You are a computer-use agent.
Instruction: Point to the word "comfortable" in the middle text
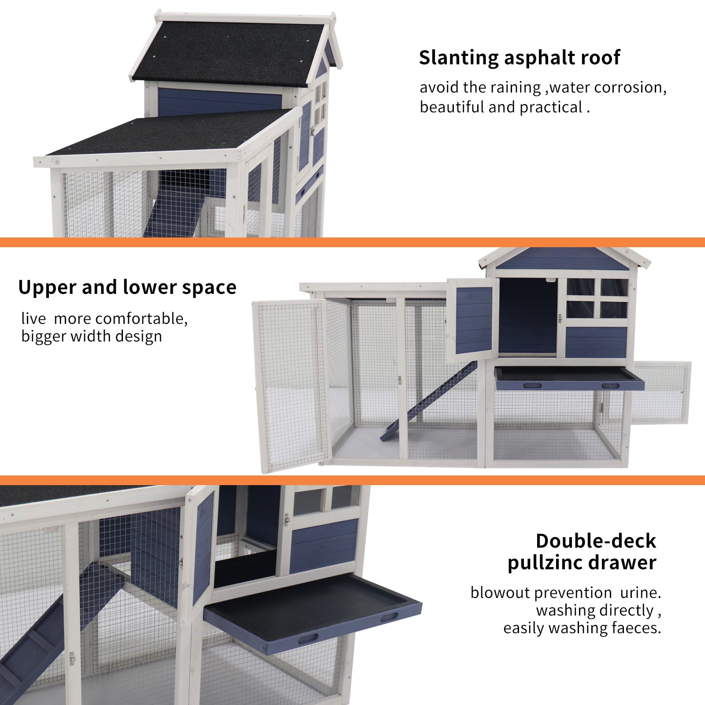pyautogui.click(x=141, y=318)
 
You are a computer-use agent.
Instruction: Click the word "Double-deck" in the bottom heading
pyautogui.click(x=596, y=541)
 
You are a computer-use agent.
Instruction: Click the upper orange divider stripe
pyautogui.click(x=352, y=242)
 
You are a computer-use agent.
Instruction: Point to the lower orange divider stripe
pyautogui.click(x=352, y=480)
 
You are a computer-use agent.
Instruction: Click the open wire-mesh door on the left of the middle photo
pyautogui.click(x=291, y=383)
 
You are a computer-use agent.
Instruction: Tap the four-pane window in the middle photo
pyautogui.click(x=596, y=298)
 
